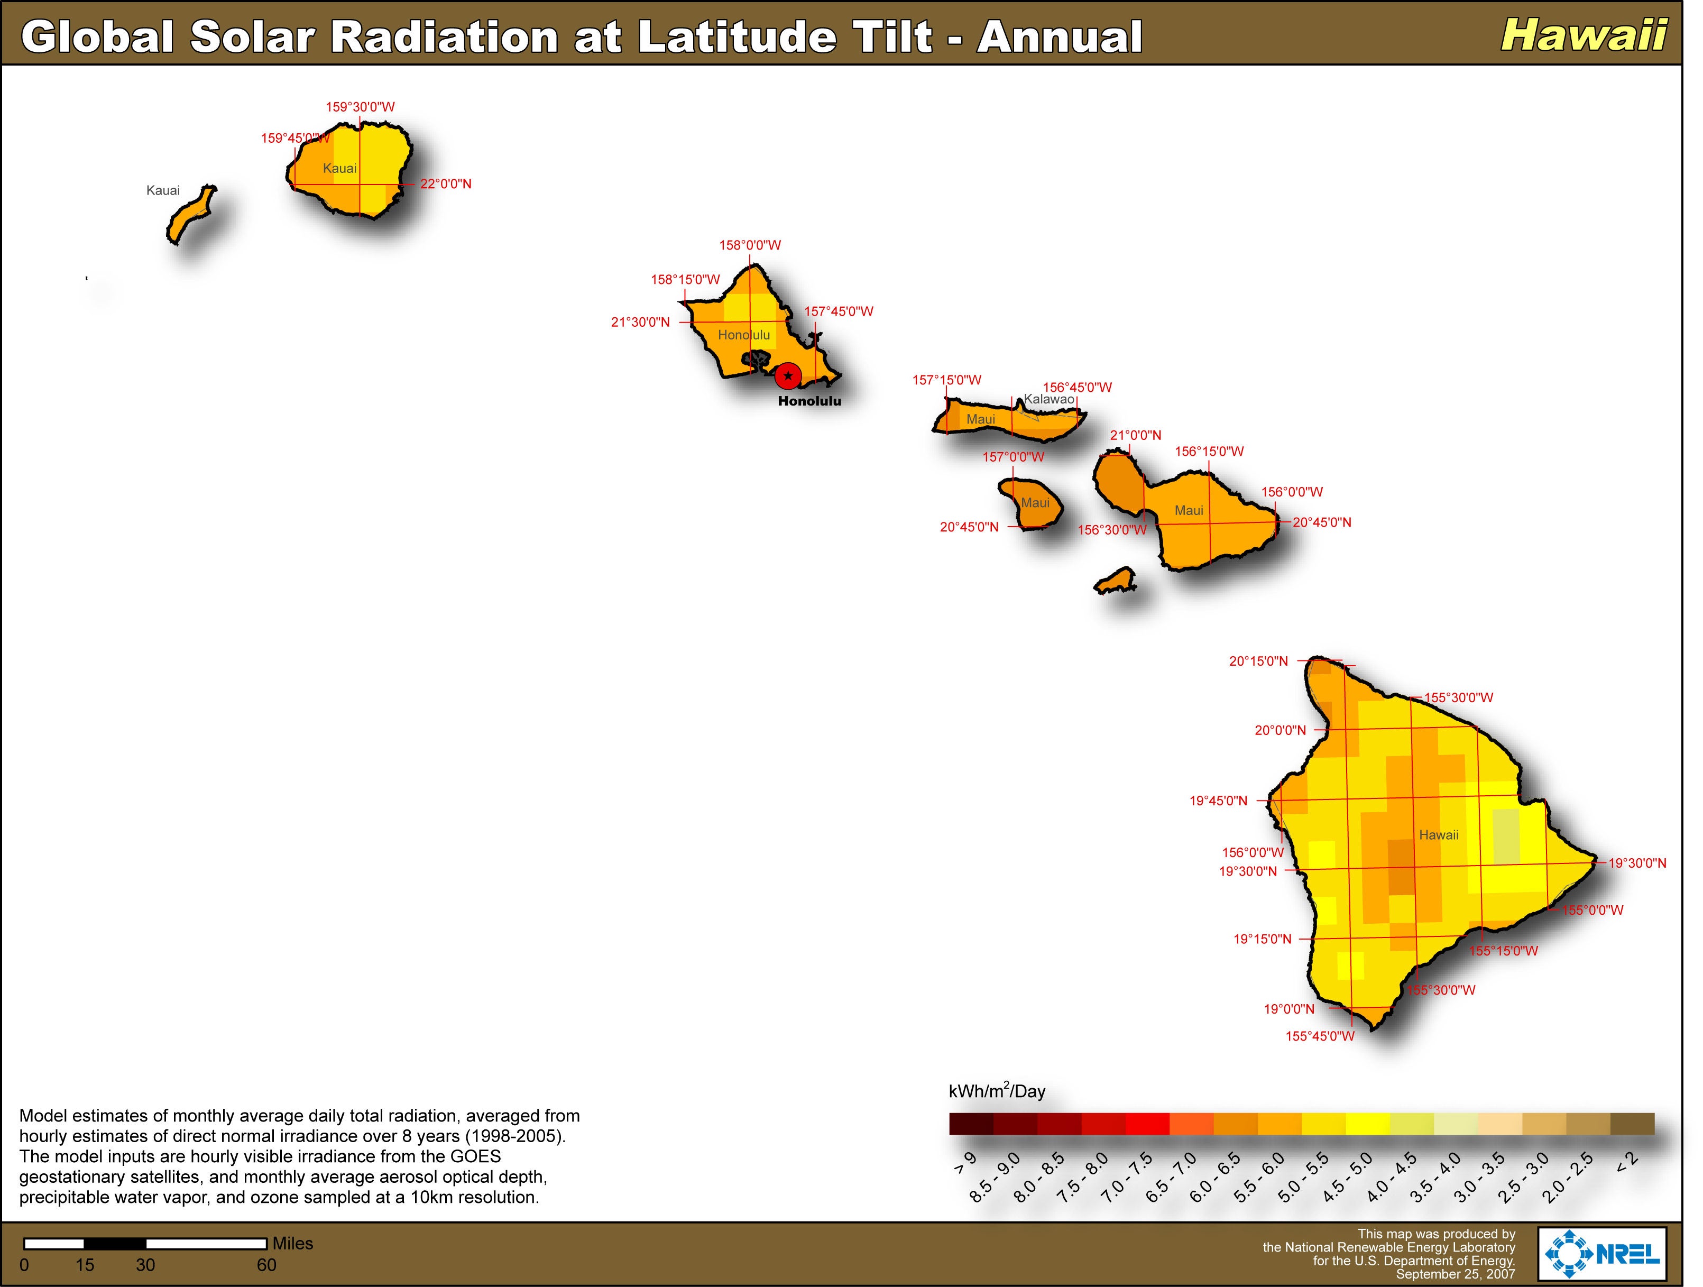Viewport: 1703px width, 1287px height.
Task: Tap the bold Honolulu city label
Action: (809, 401)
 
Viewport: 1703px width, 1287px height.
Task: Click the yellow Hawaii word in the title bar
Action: (1584, 35)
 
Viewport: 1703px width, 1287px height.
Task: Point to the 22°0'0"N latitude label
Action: (446, 184)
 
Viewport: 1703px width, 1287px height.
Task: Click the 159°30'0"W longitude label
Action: (360, 107)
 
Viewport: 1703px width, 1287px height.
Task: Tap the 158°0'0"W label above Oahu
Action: (750, 245)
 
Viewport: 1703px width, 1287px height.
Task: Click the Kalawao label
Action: (1048, 400)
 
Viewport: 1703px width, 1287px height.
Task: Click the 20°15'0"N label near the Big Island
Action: (1258, 661)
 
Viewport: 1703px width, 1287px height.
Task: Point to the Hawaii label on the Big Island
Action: (1438, 835)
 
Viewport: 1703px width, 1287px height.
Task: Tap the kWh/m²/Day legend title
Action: (997, 1091)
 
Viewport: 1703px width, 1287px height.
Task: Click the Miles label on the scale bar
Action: (292, 1244)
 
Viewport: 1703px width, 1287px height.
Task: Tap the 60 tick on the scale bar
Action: (266, 1265)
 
